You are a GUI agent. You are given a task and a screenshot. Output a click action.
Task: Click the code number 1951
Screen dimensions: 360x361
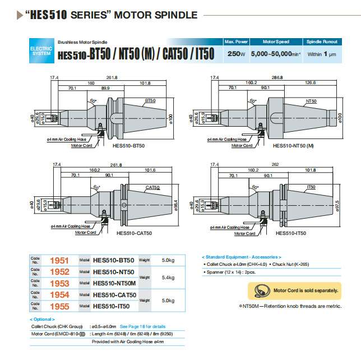[x=59, y=260]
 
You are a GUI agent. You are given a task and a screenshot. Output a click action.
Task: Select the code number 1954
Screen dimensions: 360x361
[x=59, y=294]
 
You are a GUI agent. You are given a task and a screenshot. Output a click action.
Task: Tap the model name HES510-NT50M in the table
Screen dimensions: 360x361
[x=114, y=283]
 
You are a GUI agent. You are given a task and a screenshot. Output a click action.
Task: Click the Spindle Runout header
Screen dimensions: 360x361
[x=321, y=42]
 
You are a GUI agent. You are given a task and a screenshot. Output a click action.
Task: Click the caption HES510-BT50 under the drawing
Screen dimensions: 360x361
[x=128, y=146]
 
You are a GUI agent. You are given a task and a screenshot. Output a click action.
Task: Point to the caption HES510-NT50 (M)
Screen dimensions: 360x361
[x=293, y=146]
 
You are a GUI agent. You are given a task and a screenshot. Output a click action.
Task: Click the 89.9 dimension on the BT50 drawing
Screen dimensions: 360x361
[x=105, y=89]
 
